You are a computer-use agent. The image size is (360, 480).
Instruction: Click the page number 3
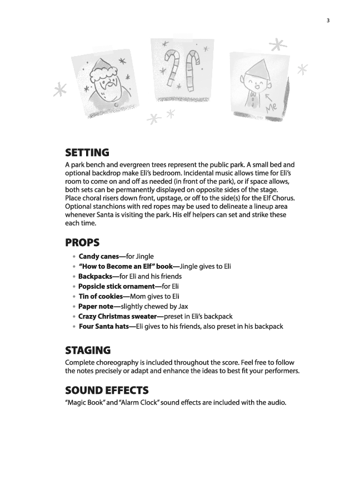point(328,21)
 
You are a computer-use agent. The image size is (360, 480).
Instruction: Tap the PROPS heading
point(83,243)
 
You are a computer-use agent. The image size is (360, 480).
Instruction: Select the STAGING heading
point(88,351)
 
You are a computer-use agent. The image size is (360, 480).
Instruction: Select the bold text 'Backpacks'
point(96,276)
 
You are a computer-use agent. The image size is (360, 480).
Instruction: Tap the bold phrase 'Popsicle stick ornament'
point(116,286)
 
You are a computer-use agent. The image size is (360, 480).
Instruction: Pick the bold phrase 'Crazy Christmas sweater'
point(118,316)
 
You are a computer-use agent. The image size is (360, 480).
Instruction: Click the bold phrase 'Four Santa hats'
point(104,326)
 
